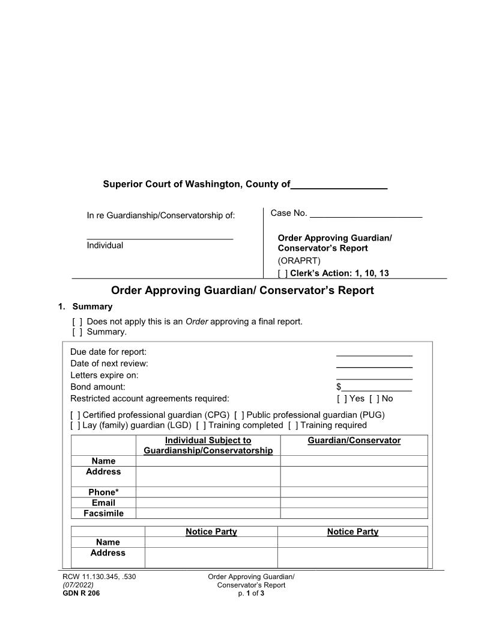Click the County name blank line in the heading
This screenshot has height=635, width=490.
339,185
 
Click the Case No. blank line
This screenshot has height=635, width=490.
366,213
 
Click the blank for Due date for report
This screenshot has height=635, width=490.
374,352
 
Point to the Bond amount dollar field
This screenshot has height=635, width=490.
377,387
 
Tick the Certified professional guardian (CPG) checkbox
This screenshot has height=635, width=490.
76,415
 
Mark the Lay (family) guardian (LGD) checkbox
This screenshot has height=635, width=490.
76,426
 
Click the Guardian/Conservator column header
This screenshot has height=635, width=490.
354,441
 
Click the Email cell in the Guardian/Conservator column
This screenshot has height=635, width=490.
354,503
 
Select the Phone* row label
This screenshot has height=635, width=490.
103,492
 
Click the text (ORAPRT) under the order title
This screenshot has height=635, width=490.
299,261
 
